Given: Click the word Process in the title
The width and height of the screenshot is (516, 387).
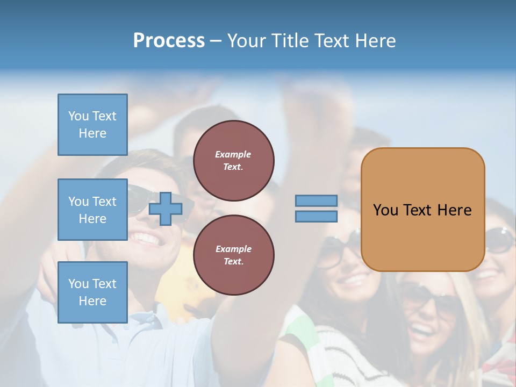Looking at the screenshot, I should [x=169, y=41].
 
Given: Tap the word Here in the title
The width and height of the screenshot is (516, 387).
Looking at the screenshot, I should [x=375, y=41].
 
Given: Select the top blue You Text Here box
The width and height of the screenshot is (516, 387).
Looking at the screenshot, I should [x=92, y=125].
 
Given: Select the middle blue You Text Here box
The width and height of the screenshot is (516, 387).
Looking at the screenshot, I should [x=92, y=210].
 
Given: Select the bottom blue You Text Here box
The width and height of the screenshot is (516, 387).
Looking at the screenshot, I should [x=92, y=292].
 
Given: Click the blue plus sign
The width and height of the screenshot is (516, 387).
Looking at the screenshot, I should [x=165, y=209].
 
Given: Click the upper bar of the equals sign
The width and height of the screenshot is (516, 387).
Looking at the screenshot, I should [x=316, y=201].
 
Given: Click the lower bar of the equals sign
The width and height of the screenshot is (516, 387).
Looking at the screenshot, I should [x=316, y=216].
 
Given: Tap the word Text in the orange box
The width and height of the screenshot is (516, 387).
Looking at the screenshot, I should [x=417, y=210].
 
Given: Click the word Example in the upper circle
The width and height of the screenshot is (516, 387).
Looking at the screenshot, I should [x=233, y=154].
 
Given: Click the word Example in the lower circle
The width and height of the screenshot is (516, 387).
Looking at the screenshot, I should [x=233, y=249].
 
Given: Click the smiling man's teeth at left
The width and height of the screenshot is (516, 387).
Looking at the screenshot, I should [x=145, y=238].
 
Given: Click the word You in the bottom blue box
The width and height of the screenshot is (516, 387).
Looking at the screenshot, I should [x=78, y=284].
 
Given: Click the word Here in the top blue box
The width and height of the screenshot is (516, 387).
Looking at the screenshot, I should [x=92, y=133].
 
